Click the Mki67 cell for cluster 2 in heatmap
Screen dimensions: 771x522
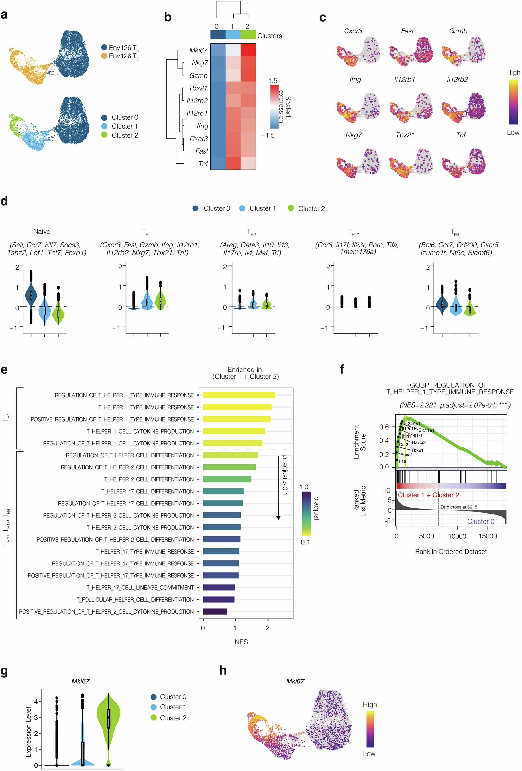[248, 50]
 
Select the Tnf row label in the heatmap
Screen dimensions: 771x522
[203, 164]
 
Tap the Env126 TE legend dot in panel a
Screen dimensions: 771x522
[104, 56]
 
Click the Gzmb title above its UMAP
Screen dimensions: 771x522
[458, 31]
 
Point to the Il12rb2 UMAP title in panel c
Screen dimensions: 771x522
[457, 79]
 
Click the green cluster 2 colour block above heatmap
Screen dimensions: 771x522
[248, 34]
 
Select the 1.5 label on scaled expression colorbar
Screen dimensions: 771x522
[273, 81]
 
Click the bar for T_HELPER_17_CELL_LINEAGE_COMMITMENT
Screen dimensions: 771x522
[219, 587]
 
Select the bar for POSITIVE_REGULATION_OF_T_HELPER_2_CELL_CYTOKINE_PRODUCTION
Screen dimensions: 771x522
[215, 611]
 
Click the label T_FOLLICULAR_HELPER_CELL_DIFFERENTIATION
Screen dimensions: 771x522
[135, 599]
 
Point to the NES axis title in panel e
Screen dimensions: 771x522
[241, 642]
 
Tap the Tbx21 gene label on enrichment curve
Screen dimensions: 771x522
[417, 450]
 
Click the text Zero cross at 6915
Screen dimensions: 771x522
[458, 507]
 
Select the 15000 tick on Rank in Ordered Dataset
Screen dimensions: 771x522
[488, 536]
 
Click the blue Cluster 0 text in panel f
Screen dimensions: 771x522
[481, 521]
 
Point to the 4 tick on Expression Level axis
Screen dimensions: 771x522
[36, 701]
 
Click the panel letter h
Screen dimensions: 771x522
[223, 670]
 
